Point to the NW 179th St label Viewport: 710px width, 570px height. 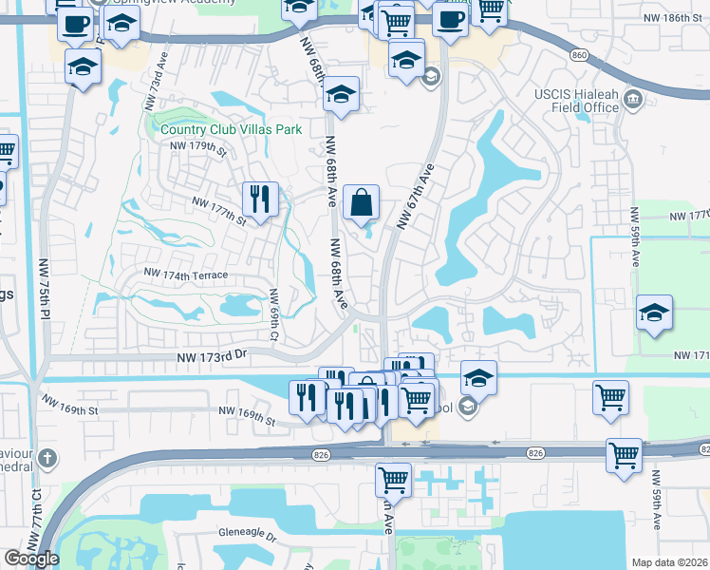point(198,147)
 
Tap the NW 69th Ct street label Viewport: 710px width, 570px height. point(273,314)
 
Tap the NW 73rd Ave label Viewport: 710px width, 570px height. point(159,91)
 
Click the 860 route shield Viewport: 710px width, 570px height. point(579,56)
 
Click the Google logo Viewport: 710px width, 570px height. point(30,559)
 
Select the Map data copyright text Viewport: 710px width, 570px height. point(668,562)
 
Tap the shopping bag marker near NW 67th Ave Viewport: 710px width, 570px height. point(362,202)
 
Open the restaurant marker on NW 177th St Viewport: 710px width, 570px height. point(260,199)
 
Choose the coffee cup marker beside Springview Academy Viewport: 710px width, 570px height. point(75,24)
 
